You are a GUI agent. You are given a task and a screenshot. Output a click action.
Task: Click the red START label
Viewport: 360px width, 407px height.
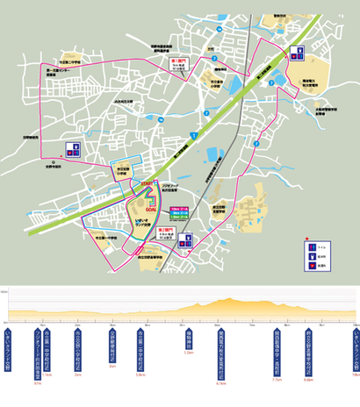[x=143, y=182]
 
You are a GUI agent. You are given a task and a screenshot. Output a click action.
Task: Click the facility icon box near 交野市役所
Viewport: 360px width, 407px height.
[x=73, y=149]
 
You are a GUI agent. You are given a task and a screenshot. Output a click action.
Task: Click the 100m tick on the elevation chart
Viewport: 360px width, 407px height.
[x=5, y=289]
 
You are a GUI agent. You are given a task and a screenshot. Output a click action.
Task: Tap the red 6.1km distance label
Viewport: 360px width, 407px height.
[x=220, y=382]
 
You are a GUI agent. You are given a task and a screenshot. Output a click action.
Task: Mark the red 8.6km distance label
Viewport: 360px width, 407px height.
[x=308, y=380]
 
